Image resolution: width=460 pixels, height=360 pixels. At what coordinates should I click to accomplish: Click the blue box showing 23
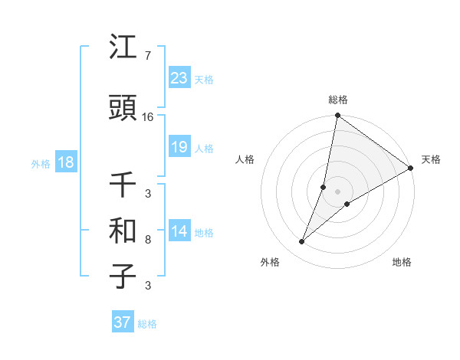[179, 78]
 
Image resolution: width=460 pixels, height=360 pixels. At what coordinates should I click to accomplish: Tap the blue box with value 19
[179, 147]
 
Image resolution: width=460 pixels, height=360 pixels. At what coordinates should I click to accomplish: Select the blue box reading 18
[65, 162]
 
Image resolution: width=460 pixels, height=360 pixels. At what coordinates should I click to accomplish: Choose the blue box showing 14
[179, 231]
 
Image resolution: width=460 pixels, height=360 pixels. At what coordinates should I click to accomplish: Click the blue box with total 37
[123, 322]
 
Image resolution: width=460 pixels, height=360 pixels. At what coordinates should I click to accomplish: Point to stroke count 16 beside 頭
[148, 117]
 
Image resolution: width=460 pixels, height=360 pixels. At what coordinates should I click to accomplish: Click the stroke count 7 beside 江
[147, 56]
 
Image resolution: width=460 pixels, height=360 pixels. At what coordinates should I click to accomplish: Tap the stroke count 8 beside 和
[148, 240]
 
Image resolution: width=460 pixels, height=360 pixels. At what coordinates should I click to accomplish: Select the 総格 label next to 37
[147, 324]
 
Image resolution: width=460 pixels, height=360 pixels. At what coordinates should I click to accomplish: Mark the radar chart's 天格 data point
[411, 169]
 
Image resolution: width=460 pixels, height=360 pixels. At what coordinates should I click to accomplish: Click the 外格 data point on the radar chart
[302, 242]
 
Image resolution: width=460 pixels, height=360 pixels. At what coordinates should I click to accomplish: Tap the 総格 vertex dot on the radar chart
[337, 116]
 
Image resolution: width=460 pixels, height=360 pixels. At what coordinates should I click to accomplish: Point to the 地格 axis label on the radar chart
[402, 262]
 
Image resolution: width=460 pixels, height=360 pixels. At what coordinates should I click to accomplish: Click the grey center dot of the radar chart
[337, 191]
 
